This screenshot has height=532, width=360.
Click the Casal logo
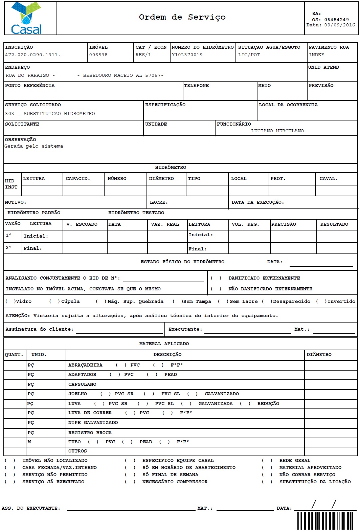point(26,19)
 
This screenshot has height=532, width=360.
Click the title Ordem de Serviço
point(182,17)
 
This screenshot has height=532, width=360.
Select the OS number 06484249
point(336,20)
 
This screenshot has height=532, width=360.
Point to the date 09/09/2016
point(339,25)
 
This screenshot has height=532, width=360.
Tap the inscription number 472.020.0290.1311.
point(32,55)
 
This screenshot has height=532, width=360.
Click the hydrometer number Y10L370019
point(187,55)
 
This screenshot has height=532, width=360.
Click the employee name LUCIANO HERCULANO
point(277,131)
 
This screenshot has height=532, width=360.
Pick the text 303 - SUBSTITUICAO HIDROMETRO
point(50,114)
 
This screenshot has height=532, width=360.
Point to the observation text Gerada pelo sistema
point(34,146)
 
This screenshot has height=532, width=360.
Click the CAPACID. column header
point(78,179)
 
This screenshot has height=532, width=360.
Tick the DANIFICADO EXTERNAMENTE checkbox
point(216,278)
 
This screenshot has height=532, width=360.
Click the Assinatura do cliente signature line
point(119,330)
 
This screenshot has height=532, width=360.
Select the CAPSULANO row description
point(82,384)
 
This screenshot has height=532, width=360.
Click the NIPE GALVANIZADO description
point(93,423)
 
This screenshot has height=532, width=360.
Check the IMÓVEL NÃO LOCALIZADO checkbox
point(9,461)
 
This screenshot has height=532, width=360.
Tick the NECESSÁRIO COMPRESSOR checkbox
point(130,482)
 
